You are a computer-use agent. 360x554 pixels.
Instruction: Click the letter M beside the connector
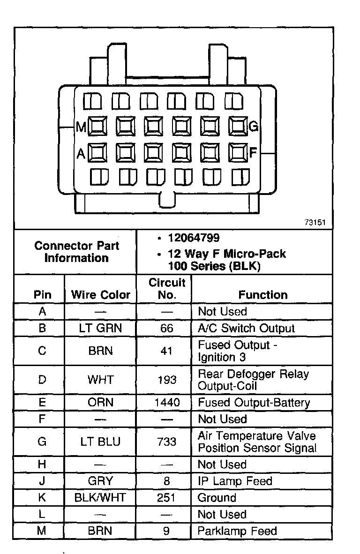click(x=81, y=127)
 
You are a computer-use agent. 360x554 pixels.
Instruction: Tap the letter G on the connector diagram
click(x=254, y=126)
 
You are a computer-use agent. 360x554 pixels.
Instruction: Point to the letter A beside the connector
click(x=81, y=153)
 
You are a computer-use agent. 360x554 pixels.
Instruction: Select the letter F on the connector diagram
click(x=253, y=152)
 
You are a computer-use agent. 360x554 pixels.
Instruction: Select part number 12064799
click(x=194, y=238)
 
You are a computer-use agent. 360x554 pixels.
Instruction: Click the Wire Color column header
click(x=100, y=295)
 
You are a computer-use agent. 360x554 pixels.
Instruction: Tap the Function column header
click(x=262, y=295)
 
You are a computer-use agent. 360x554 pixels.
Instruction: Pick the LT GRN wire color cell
click(x=100, y=328)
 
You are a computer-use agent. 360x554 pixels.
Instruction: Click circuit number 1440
click(x=167, y=403)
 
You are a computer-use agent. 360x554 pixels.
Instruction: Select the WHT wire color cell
click(x=100, y=380)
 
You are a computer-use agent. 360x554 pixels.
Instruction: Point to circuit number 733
click(x=167, y=442)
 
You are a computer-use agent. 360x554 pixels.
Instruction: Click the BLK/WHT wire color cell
click(x=100, y=498)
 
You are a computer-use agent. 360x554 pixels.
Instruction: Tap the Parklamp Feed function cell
click(x=237, y=531)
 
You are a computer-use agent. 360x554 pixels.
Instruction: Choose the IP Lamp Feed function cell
click(x=235, y=481)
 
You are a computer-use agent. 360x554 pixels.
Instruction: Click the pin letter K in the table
click(x=42, y=498)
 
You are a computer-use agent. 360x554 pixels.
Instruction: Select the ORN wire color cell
click(x=100, y=403)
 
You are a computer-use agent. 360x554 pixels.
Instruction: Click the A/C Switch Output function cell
click(x=247, y=328)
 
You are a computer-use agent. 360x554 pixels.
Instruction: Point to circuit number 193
click(x=167, y=380)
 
